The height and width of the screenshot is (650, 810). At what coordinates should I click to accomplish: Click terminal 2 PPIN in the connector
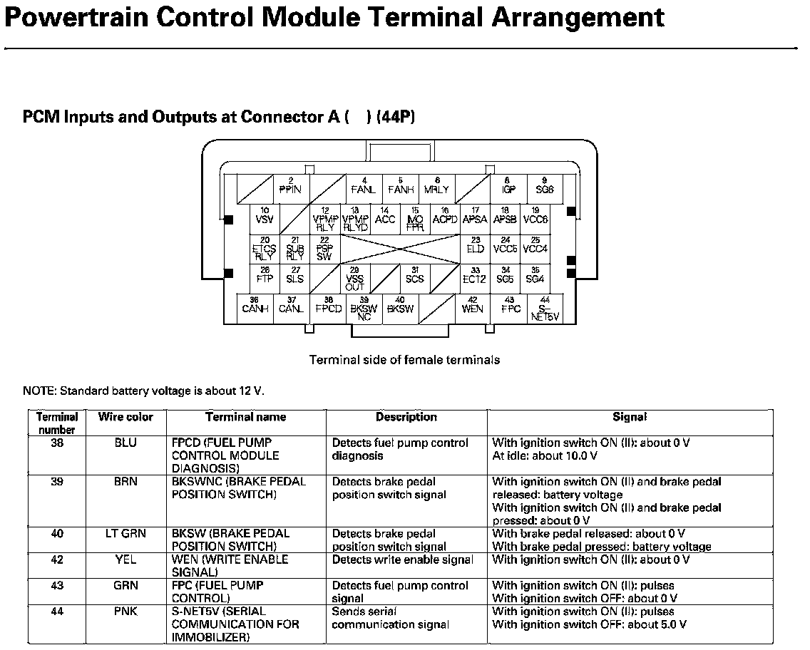[291, 187]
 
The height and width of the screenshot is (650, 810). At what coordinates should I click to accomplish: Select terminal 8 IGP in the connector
[508, 187]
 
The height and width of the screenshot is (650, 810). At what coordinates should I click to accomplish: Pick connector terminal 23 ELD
[475, 247]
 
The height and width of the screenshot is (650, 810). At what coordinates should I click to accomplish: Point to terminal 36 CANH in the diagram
[255, 307]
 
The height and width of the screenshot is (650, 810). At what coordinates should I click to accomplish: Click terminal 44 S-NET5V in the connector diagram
[545, 309]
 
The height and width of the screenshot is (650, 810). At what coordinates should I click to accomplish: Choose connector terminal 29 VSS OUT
[354, 278]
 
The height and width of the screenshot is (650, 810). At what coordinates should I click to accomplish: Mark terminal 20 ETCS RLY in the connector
[265, 249]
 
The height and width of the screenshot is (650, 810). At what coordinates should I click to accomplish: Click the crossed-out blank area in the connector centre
[400, 249]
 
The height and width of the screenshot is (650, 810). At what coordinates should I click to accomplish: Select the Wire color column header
[125, 418]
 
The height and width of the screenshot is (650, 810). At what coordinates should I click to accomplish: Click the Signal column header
[630, 418]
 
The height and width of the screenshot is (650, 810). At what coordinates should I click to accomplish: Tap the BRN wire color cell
[125, 482]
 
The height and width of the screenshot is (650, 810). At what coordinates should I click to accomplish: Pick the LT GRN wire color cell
[125, 534]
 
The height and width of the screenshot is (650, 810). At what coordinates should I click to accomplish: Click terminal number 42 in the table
[57, 559]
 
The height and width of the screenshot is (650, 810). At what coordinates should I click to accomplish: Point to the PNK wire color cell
[125, 612]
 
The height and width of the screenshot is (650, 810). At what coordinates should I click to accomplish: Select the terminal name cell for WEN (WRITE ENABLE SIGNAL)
[230, 566]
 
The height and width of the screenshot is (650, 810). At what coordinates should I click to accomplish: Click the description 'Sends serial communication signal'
[390, 618]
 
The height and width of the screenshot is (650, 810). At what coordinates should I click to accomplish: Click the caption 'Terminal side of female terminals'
[404, 360]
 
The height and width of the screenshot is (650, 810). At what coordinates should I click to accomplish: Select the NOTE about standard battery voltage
[143, 391]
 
